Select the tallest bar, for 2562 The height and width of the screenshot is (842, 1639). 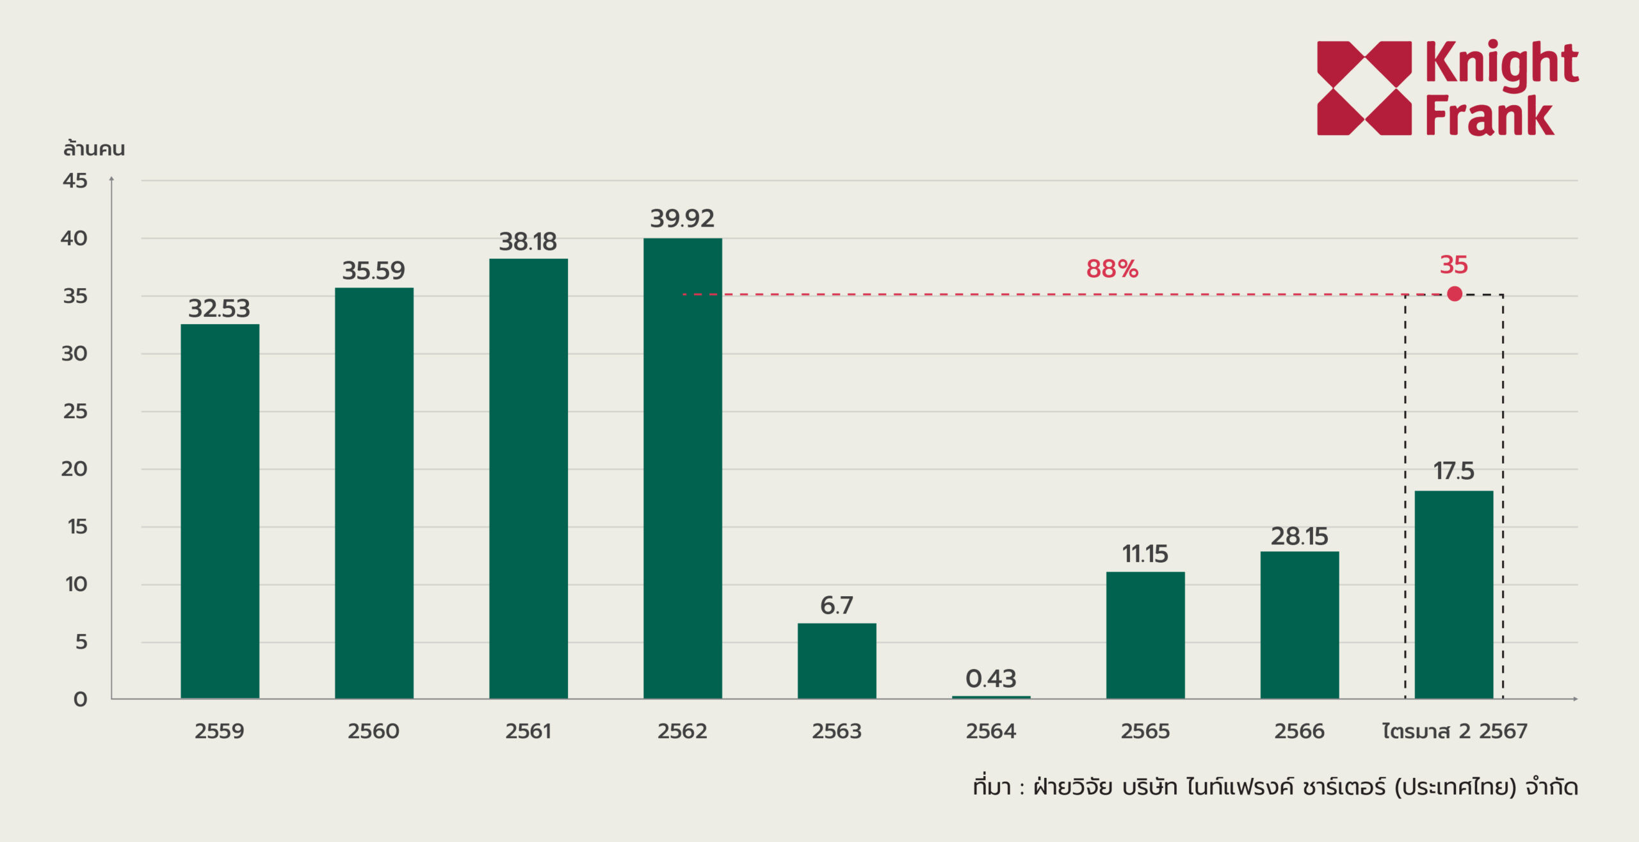tap(682, 468)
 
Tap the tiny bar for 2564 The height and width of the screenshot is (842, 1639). tap(991, 697)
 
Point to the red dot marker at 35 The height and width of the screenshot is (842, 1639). tap(1455, 294)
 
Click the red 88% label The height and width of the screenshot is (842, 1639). tap(1112, 269)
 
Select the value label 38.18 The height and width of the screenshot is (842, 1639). tap(528, 242)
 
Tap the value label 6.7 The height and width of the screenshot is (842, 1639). tap(837, 606)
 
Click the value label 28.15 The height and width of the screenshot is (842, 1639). tap(1300, 537)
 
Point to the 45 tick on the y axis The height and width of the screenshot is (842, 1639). tap(75, 181)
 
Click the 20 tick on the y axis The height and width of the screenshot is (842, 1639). tap(74, 469)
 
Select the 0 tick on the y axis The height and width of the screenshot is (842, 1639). tap(80, 699)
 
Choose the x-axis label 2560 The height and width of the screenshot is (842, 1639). tap(373, 731)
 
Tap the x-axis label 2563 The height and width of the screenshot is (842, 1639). tap(837, 731)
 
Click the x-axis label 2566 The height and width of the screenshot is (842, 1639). tap(1299, 731)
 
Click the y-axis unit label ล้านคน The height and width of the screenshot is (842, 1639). tap(93, 149)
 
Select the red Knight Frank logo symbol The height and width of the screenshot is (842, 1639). tap(1364, 88)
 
